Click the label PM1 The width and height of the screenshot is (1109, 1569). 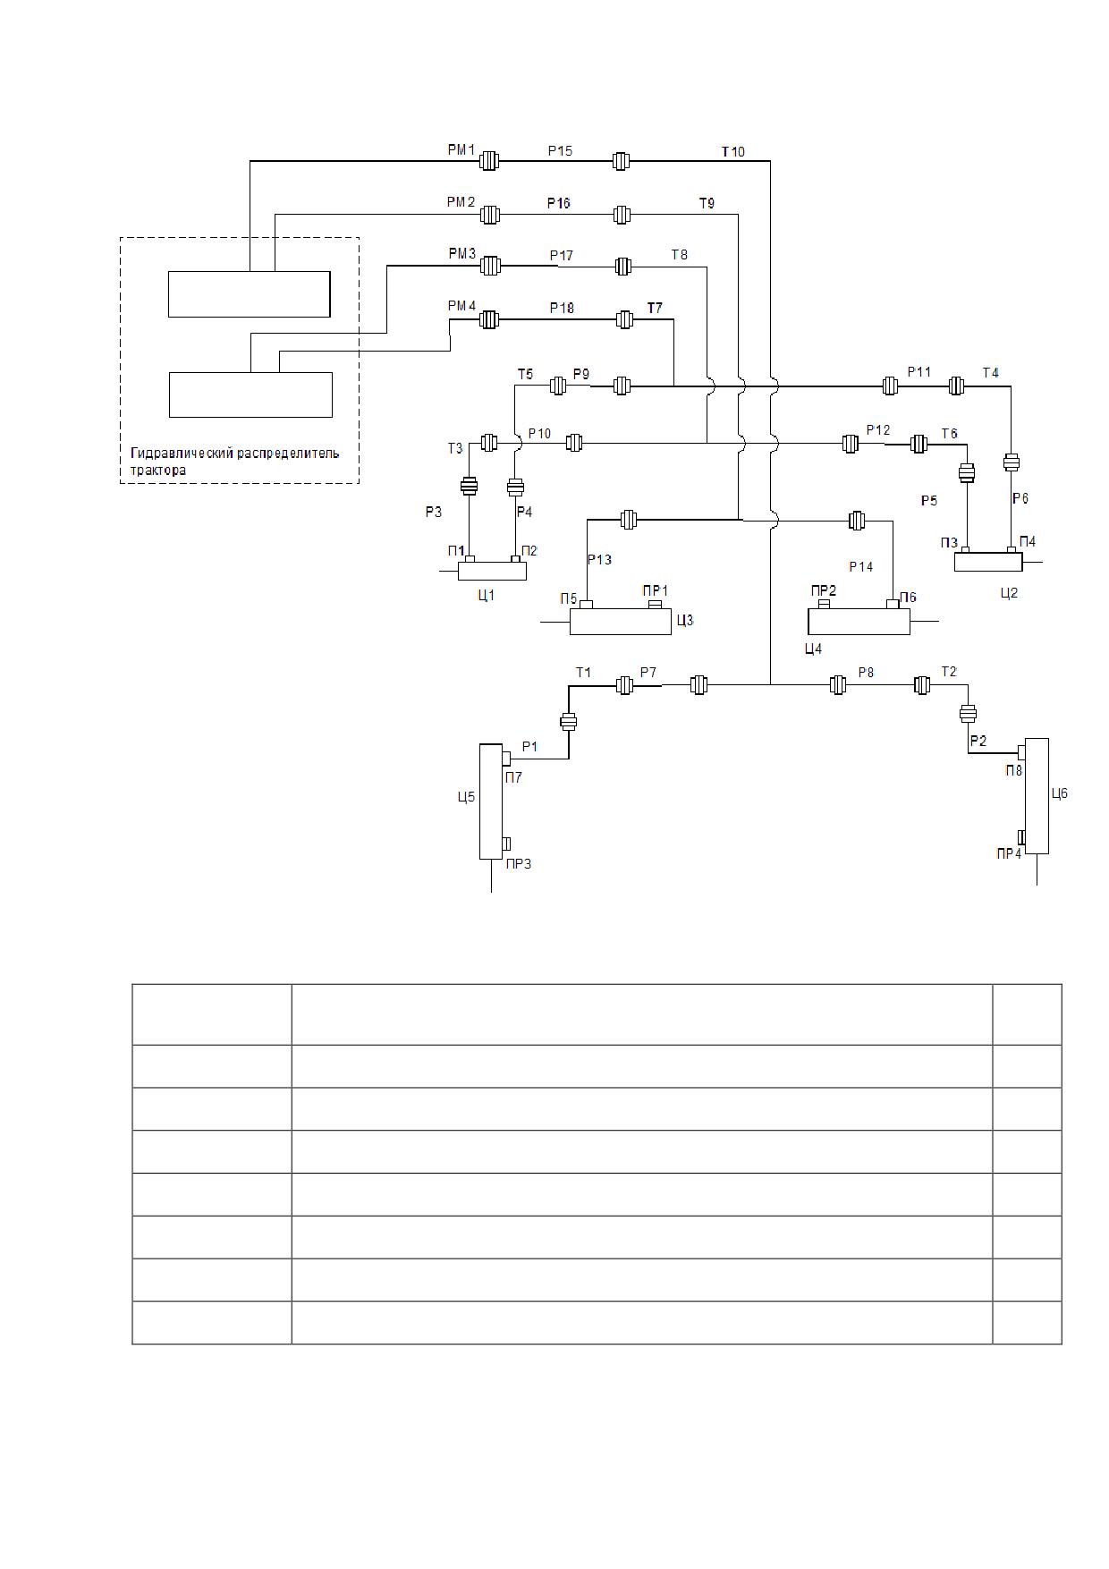coord(461,150)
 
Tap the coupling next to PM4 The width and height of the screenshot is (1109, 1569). coord(488,319)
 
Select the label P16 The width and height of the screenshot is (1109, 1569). coord(559,203)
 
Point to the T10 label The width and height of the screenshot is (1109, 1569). coord(733,151)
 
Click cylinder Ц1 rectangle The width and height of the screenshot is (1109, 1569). coord(492,571)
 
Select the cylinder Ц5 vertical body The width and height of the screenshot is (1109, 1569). coord(491,801)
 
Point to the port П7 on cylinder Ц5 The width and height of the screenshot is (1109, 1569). coord(506,759)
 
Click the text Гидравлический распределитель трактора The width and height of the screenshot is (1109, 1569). coord(235,461)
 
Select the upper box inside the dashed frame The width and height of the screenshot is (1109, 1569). coord(250,294)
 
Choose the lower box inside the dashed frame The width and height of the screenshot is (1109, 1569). coord(251,394)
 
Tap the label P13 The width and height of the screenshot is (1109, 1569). coord(599,560)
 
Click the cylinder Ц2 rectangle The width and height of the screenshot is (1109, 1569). coord(988,562)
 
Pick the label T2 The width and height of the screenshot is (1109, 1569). coord(949,671)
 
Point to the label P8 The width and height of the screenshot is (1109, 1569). coord(866,671)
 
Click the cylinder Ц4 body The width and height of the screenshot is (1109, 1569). coord(859,621)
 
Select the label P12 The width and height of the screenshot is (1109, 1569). coord(878,430)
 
